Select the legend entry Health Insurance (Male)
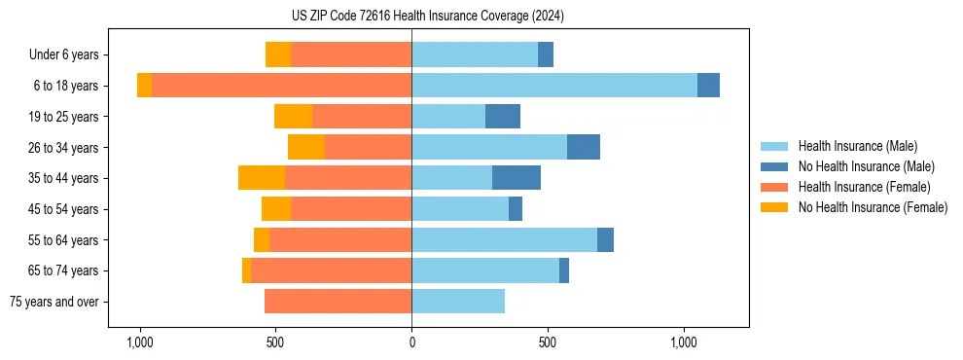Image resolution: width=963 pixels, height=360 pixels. [x=857, y=146]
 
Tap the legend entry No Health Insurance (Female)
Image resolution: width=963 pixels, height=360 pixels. [x=873, y=207]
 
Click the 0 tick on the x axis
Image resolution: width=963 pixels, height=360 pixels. [x=411, y=342]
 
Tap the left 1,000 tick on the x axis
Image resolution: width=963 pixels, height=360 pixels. [x=140, y=342]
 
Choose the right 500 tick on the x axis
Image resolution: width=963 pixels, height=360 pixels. [x=548, y=342]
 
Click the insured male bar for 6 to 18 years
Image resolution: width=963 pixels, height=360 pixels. [x=554, y=86]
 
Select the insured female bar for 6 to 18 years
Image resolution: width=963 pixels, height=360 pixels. [x=281, y=86]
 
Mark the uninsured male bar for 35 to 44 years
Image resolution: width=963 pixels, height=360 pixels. [x=517, y=178]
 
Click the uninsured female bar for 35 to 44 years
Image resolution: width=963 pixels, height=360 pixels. [x=262, y=178]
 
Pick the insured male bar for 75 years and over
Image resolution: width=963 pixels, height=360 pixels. [x=458, y=302]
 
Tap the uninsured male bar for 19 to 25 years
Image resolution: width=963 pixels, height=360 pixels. [x=503, y=117]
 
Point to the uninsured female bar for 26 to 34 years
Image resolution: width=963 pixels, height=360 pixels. [x=306, y=147]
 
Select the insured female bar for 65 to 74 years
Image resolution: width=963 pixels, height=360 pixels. [x=331, y=270]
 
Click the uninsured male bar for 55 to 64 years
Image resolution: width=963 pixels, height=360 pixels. [x=605, y=239]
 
